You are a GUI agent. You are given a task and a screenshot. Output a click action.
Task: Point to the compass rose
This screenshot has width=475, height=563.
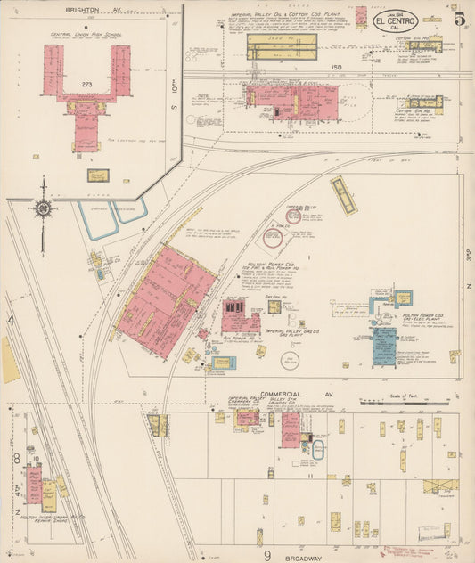point(42,209)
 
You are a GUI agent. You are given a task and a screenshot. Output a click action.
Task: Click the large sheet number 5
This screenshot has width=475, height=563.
point(459,17)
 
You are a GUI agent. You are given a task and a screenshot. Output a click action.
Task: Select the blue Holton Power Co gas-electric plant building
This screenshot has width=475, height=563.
point(384,347)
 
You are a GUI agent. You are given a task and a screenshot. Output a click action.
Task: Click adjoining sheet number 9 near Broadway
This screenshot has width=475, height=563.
point(266,555)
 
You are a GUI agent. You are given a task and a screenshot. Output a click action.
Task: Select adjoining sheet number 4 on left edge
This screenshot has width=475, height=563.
point(12,320)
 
